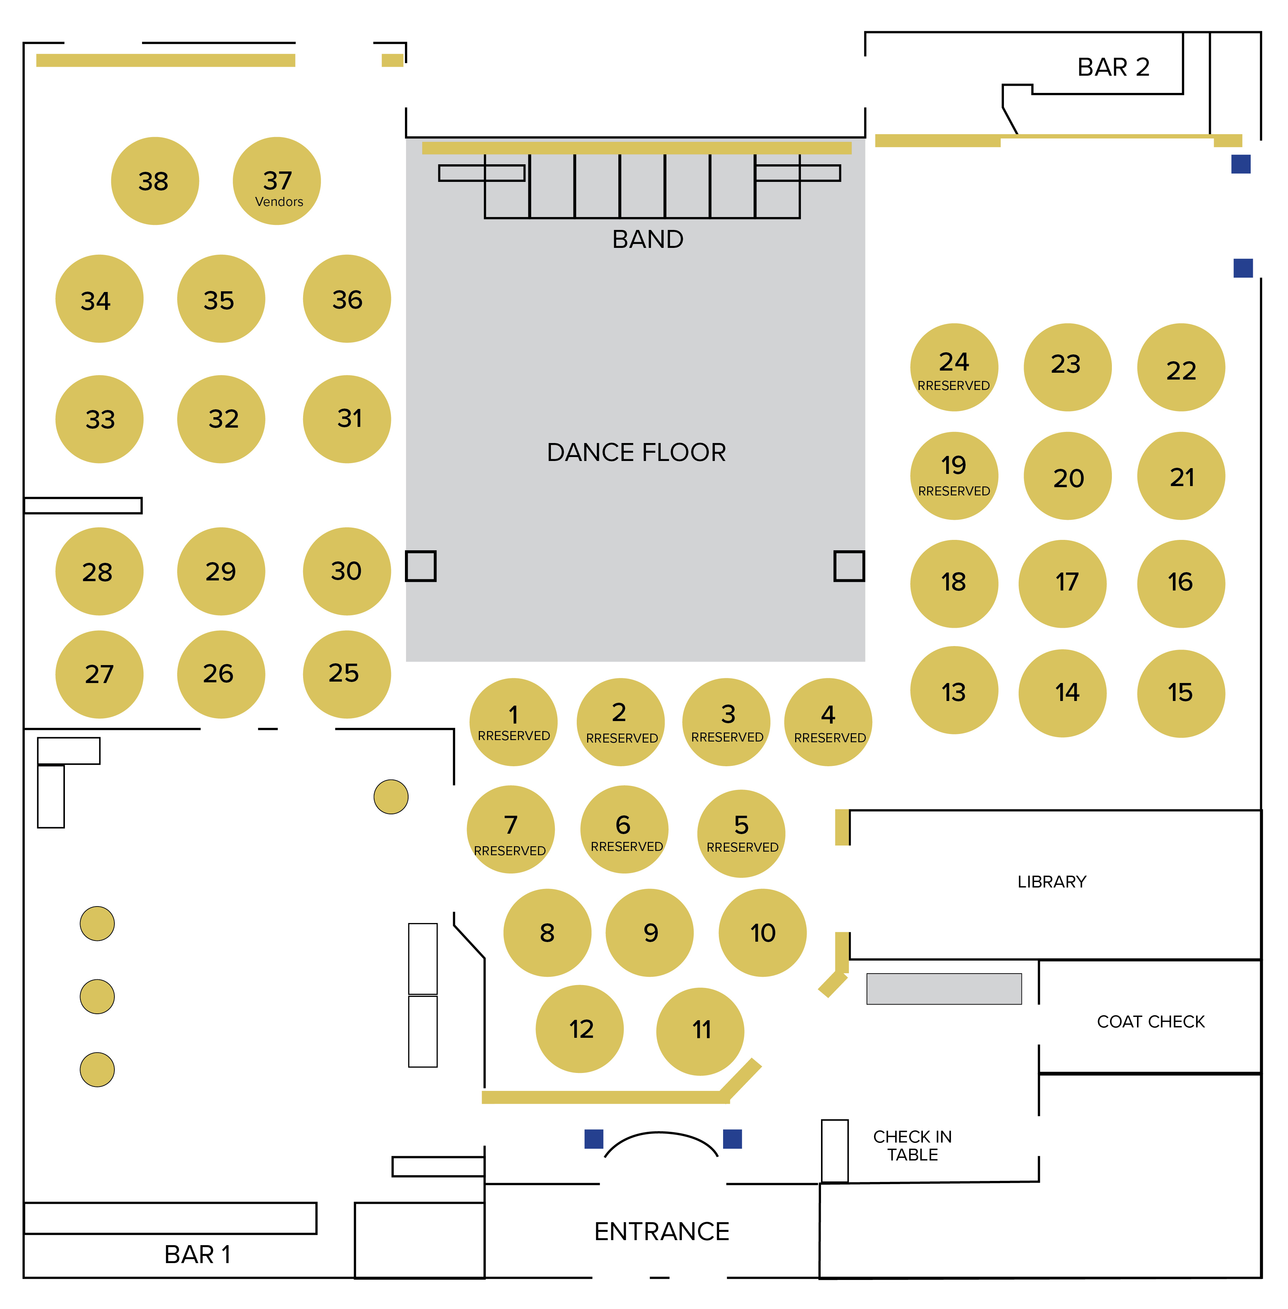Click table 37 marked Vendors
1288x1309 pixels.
coord(277,181)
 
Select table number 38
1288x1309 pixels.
coord(155,181)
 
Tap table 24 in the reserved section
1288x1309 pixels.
coord(954,367)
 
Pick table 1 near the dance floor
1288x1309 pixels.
coord(513,722)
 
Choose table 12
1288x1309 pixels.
coord(580,1029)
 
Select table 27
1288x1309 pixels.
coord(99,674)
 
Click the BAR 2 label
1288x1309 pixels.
coord(1113,67)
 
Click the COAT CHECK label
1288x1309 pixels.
coord(1151,1022)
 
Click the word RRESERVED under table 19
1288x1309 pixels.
coord(954,491)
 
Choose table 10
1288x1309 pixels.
coord(763,933)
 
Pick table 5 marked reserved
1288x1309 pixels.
coord(741,833)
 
